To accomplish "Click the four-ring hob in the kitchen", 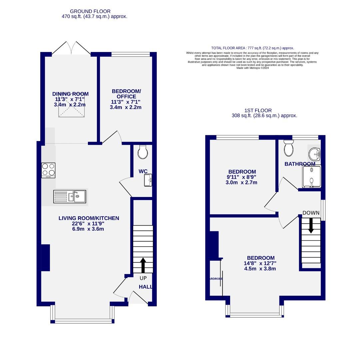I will pyautogui.click(x=48, y=170).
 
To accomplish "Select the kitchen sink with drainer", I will pyautogui.click(x=70, y=196).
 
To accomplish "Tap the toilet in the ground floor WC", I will pyautogui.click(x=143, y=152).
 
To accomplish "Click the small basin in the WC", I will pyautogui.click(x=148, y=180).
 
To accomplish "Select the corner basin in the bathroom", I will pyautogui.click(x=314, y=154).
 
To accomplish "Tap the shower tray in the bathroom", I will pyautogui.click(x=311, y=177).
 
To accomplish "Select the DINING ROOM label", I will pyautogui.click(x=70, y=94).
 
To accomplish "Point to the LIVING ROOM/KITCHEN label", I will pyautogui.click(x=89, y=218).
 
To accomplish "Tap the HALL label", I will pyautogui.click(x=146, y=287).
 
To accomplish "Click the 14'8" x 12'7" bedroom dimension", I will pyautogui.click(x=260, y=263).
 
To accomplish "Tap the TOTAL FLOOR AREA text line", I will pyautogui.click(x=252, y=48).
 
